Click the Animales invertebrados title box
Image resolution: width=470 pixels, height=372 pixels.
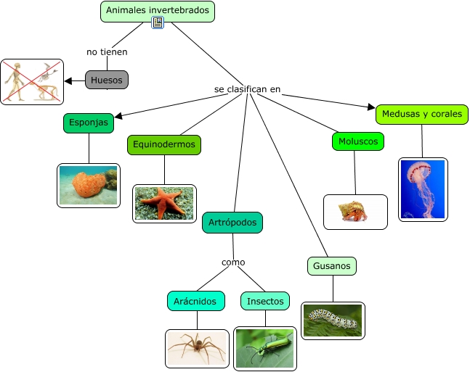(158, 11)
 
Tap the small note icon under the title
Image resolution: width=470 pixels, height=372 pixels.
(158, 23)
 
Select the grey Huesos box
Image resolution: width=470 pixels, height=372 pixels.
(107, 80)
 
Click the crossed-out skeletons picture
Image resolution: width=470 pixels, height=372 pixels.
(32, 81)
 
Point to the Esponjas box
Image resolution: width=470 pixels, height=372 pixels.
(89, 123)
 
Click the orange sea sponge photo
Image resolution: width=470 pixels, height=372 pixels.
(89, 185)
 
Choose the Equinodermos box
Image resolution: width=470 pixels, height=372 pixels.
(164, 144)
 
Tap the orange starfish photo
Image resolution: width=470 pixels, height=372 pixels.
(165, 203)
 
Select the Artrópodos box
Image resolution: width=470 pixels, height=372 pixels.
(232, 222)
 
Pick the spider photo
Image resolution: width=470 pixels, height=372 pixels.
(197, 348)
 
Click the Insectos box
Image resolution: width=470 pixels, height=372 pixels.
(265, 301)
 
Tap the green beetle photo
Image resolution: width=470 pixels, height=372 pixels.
(265, 348)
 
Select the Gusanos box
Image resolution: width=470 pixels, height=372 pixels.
(332, 266)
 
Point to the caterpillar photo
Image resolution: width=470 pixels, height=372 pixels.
(333, 321)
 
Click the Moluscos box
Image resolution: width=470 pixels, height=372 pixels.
(358, 141)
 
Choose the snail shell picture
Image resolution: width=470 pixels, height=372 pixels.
(355, 212)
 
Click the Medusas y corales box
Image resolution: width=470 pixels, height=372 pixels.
(421, 114)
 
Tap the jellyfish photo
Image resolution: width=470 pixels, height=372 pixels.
(423, 189)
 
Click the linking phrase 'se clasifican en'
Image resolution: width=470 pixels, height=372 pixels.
(247, 89)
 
